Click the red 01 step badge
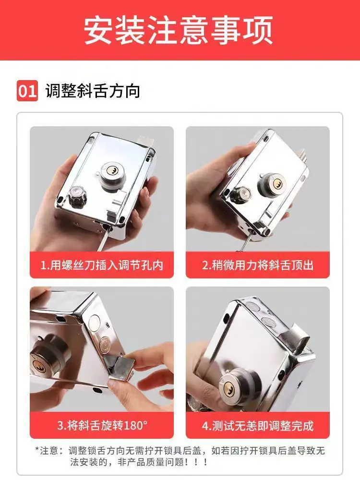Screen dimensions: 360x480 pyautogui.click(x=27, y=91)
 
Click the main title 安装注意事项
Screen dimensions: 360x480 pyautogui.click(x=178, y=30)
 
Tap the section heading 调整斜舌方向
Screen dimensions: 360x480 pyautogui.click(x=93, y=91)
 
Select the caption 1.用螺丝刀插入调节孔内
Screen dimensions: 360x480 pyautogui.click(x=102, y=265)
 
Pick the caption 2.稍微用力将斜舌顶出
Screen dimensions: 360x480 pyautogui.click(x=258, y=265)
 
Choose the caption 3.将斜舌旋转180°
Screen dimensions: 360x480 pyautogui.click(x=102, y=425)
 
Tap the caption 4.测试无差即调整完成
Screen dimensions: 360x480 pyautogui.click(x=258, y=425)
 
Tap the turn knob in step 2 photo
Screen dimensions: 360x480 pyautogui.click(x=240, y=195)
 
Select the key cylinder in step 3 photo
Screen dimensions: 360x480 pyautogui.click(x=46, y=358)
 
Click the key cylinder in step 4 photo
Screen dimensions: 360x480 pyautogui.click(x=236, y=386)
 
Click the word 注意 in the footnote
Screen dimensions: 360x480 pyautogui.click(x=49, y=451)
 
